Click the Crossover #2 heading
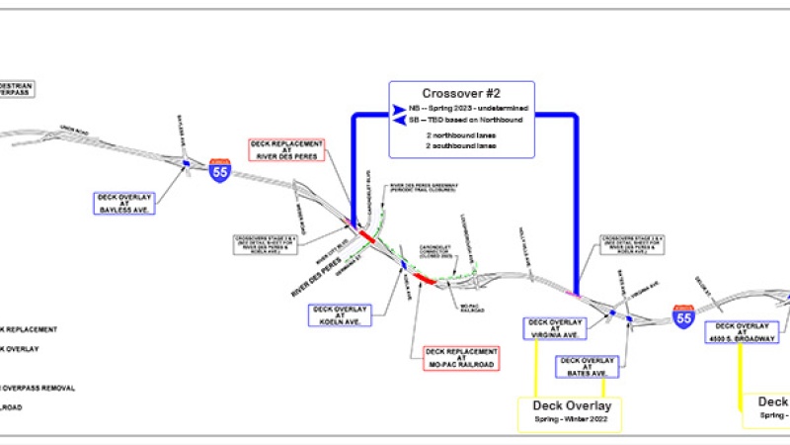pyautogui.click(x=461, y=94)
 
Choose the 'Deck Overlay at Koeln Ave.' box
pyautogui.click(x=340, y=315)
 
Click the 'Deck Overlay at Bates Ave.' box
pyautogui.click(x=588, y=366)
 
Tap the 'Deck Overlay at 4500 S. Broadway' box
pyautogui.click(x=746, y=331)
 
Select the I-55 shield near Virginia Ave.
pyautogui.click(x=681, y=316)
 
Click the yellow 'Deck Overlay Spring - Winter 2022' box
pyautogui.click(x=572, y=412)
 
